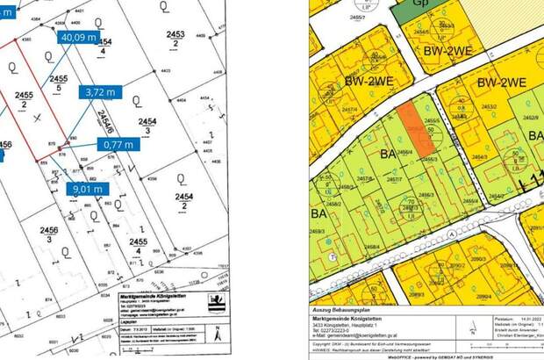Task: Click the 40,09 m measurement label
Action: [x=77, y=38]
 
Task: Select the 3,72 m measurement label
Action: [x=98, y=91]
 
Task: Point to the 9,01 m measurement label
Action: [x=85, y=187]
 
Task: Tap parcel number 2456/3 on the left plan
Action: [x=49, y=234]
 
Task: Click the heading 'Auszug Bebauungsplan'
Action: [x=337, y=313]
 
